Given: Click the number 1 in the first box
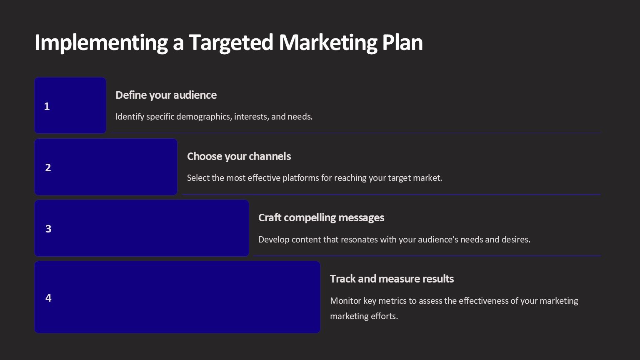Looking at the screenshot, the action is coord(47,106).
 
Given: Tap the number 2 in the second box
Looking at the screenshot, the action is coord(48,167).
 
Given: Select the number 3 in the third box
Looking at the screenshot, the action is coord(48,229).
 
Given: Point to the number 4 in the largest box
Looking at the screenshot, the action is coord(48,298).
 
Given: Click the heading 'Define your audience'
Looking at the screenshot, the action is coord(166,95).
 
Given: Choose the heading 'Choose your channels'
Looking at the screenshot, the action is coord(239,156).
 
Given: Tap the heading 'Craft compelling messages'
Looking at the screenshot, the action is coord(321,218).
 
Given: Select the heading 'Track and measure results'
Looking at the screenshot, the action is coord(392,279).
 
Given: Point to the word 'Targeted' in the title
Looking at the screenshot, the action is coord(231,43).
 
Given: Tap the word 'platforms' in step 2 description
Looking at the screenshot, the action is coord(300,178).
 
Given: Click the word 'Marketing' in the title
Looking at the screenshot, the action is coord(328,43).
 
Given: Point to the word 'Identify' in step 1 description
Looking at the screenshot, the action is coord(130,117).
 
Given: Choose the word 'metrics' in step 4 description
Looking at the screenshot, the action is coord(392,300).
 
